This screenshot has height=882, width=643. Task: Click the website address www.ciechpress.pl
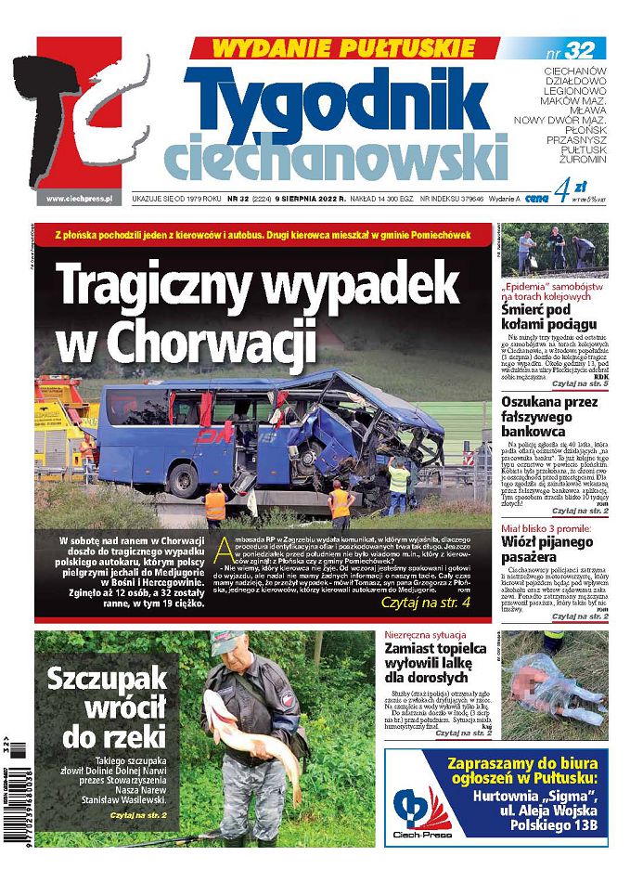click(79, 198)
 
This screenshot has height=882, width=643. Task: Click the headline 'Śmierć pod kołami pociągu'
click(548, 316)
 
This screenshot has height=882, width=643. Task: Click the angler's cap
click(227, 640)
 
